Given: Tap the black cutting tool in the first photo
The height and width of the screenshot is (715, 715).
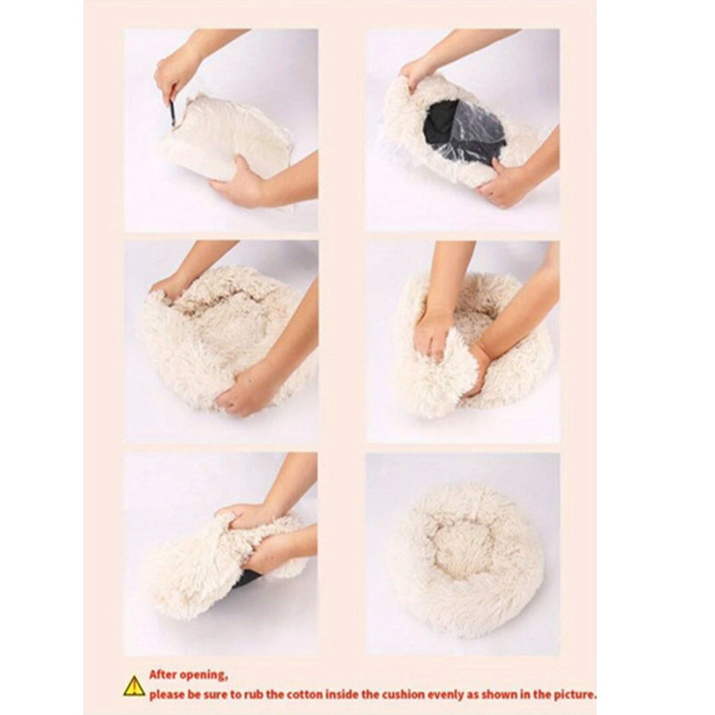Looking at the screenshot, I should click(x=172, y=113).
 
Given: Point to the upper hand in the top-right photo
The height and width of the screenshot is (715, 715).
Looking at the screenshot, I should click(x=417, y=71).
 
